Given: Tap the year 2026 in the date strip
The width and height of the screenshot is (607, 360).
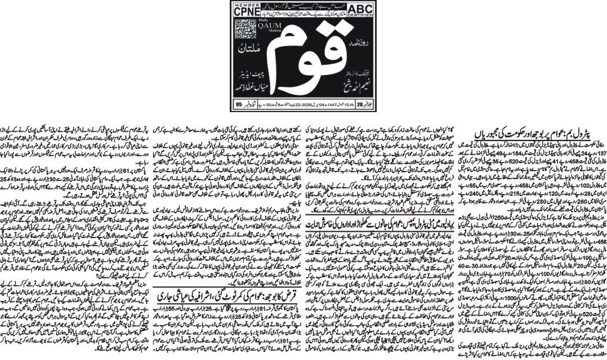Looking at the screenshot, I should [x=309, y=121].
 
